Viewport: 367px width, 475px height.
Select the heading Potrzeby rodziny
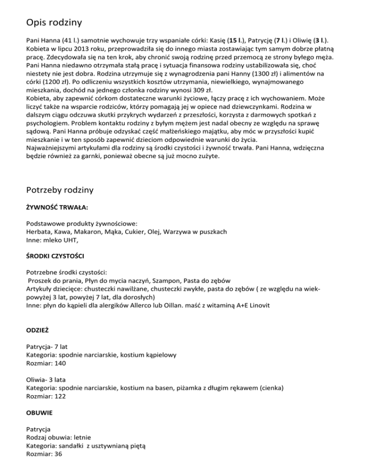60,190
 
